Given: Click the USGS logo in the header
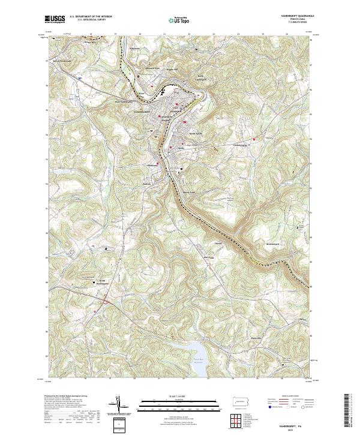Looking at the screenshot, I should pyautogui.click(x=55, y=20).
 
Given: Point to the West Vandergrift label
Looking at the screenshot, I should pyautogui.click(x=123, y=101).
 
